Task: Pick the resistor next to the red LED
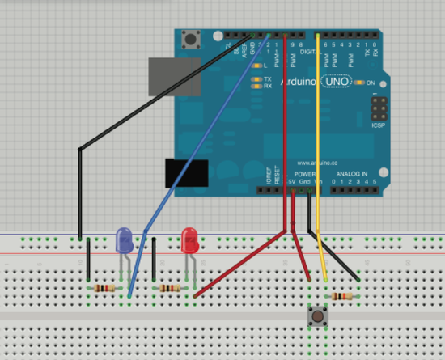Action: pos(171,288)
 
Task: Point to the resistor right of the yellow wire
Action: pos(343,299)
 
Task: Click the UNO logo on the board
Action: pos(337,83)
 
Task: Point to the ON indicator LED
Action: pos(359,83)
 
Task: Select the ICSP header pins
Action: pos(377,109)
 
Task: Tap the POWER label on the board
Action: pos(305,174)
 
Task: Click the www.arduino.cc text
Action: pos(316,163)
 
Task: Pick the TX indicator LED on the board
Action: pos(256,78)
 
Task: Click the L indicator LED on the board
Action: pos(256,65)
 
